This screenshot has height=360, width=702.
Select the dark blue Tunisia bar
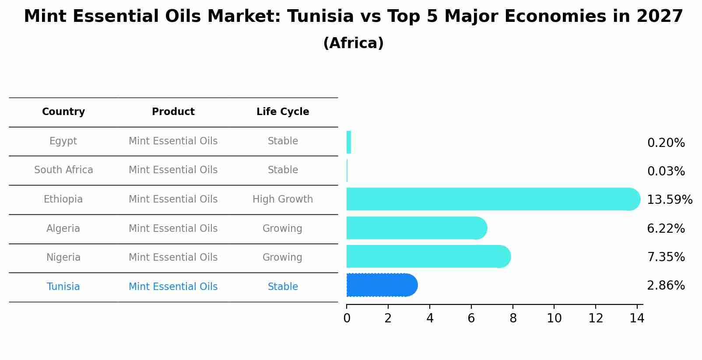[381, 285]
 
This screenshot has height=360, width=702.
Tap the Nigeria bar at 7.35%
[427, 257]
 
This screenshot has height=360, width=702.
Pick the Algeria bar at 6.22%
[416, 228]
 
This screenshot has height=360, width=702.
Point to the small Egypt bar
[349, 142]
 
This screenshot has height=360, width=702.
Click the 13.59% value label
[669, 200]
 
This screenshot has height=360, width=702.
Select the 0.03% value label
[666, 171]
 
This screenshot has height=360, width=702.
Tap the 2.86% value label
[666, 286]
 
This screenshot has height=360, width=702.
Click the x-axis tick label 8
[513, 318]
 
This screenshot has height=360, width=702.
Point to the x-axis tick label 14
[637, 318]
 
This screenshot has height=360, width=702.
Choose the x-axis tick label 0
[347, 318]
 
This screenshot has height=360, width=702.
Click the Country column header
[63, 112]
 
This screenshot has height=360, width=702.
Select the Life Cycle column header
[283, 112]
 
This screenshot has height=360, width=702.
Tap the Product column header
[173, 112]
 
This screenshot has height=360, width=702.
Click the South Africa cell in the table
[63, 170]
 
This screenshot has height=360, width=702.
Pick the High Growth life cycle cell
[283, 199]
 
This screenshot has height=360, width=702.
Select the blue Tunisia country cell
[63, 287]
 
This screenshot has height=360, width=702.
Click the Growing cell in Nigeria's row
[282, 258]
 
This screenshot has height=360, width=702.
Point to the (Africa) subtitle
[353, 43]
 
